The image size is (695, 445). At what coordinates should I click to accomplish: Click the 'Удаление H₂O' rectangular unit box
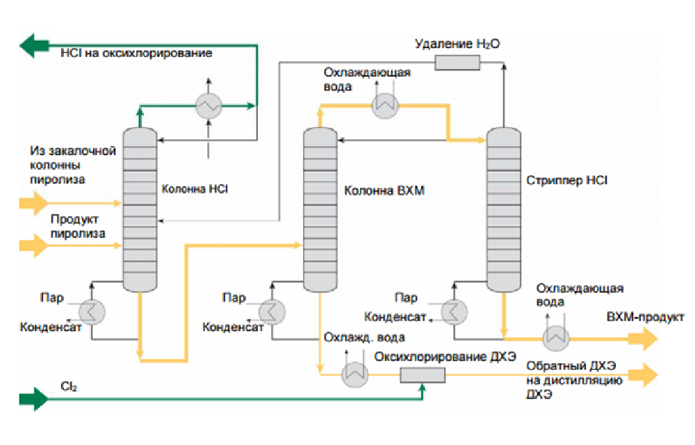point(458,63)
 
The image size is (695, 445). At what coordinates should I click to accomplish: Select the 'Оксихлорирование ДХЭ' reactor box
point(423,375)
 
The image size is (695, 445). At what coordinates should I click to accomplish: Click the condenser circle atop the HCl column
point(208,106)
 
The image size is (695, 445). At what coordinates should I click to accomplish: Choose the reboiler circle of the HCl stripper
point(453,311)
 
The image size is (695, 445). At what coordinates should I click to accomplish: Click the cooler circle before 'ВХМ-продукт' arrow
point(555,337)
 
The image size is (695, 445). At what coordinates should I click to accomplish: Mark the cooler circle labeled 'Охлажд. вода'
point(355,375)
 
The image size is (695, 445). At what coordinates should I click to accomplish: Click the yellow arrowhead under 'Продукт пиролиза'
point(31,244)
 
